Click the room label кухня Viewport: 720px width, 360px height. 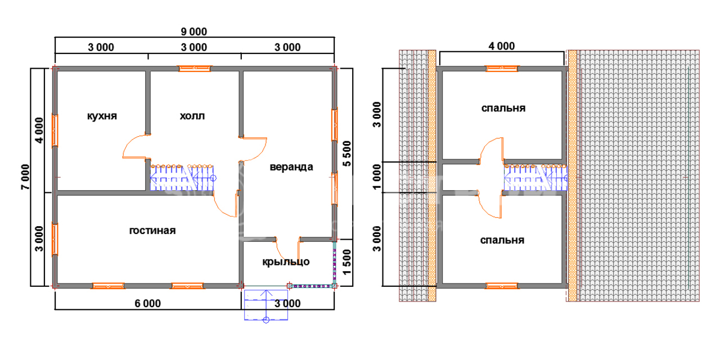point(102,116)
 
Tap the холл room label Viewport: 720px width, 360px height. point(192,116)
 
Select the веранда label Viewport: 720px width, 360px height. point(291,167)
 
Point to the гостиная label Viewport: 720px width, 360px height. point(152,231)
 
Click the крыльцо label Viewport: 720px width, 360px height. point(286,262)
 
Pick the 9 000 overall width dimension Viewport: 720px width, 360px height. point(194,31)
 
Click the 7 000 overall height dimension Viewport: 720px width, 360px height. point(25,177)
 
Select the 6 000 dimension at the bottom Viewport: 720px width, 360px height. point(147,303)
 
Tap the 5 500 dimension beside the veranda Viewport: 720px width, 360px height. point(347,154)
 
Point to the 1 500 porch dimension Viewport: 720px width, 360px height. point(347,263)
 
